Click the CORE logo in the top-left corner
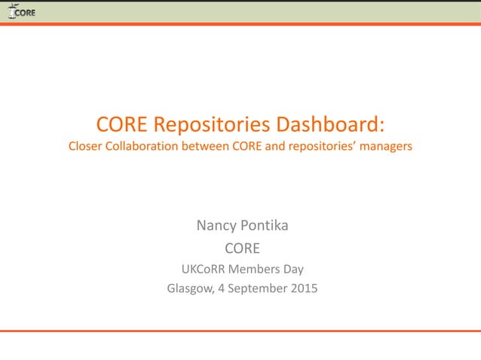coord(21,11)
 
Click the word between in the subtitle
coord(199,146)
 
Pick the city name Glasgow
coord(188,287)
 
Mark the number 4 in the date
coord(222,287)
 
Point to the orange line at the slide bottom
coord(240,331)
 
